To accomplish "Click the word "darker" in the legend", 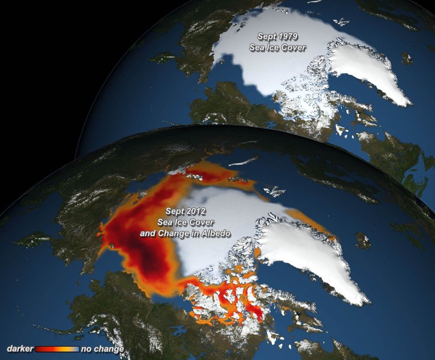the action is pyautogui.click(x=20, y=349).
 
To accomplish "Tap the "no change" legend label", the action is pyautogui.click(x=102, y=349).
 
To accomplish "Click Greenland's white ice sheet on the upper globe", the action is pyautogui.click(x=367, y=69).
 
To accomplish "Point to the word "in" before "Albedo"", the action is pyautogui.click(x=195, y=234).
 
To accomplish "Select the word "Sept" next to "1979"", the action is pyautogui.click(x=268, y=36).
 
